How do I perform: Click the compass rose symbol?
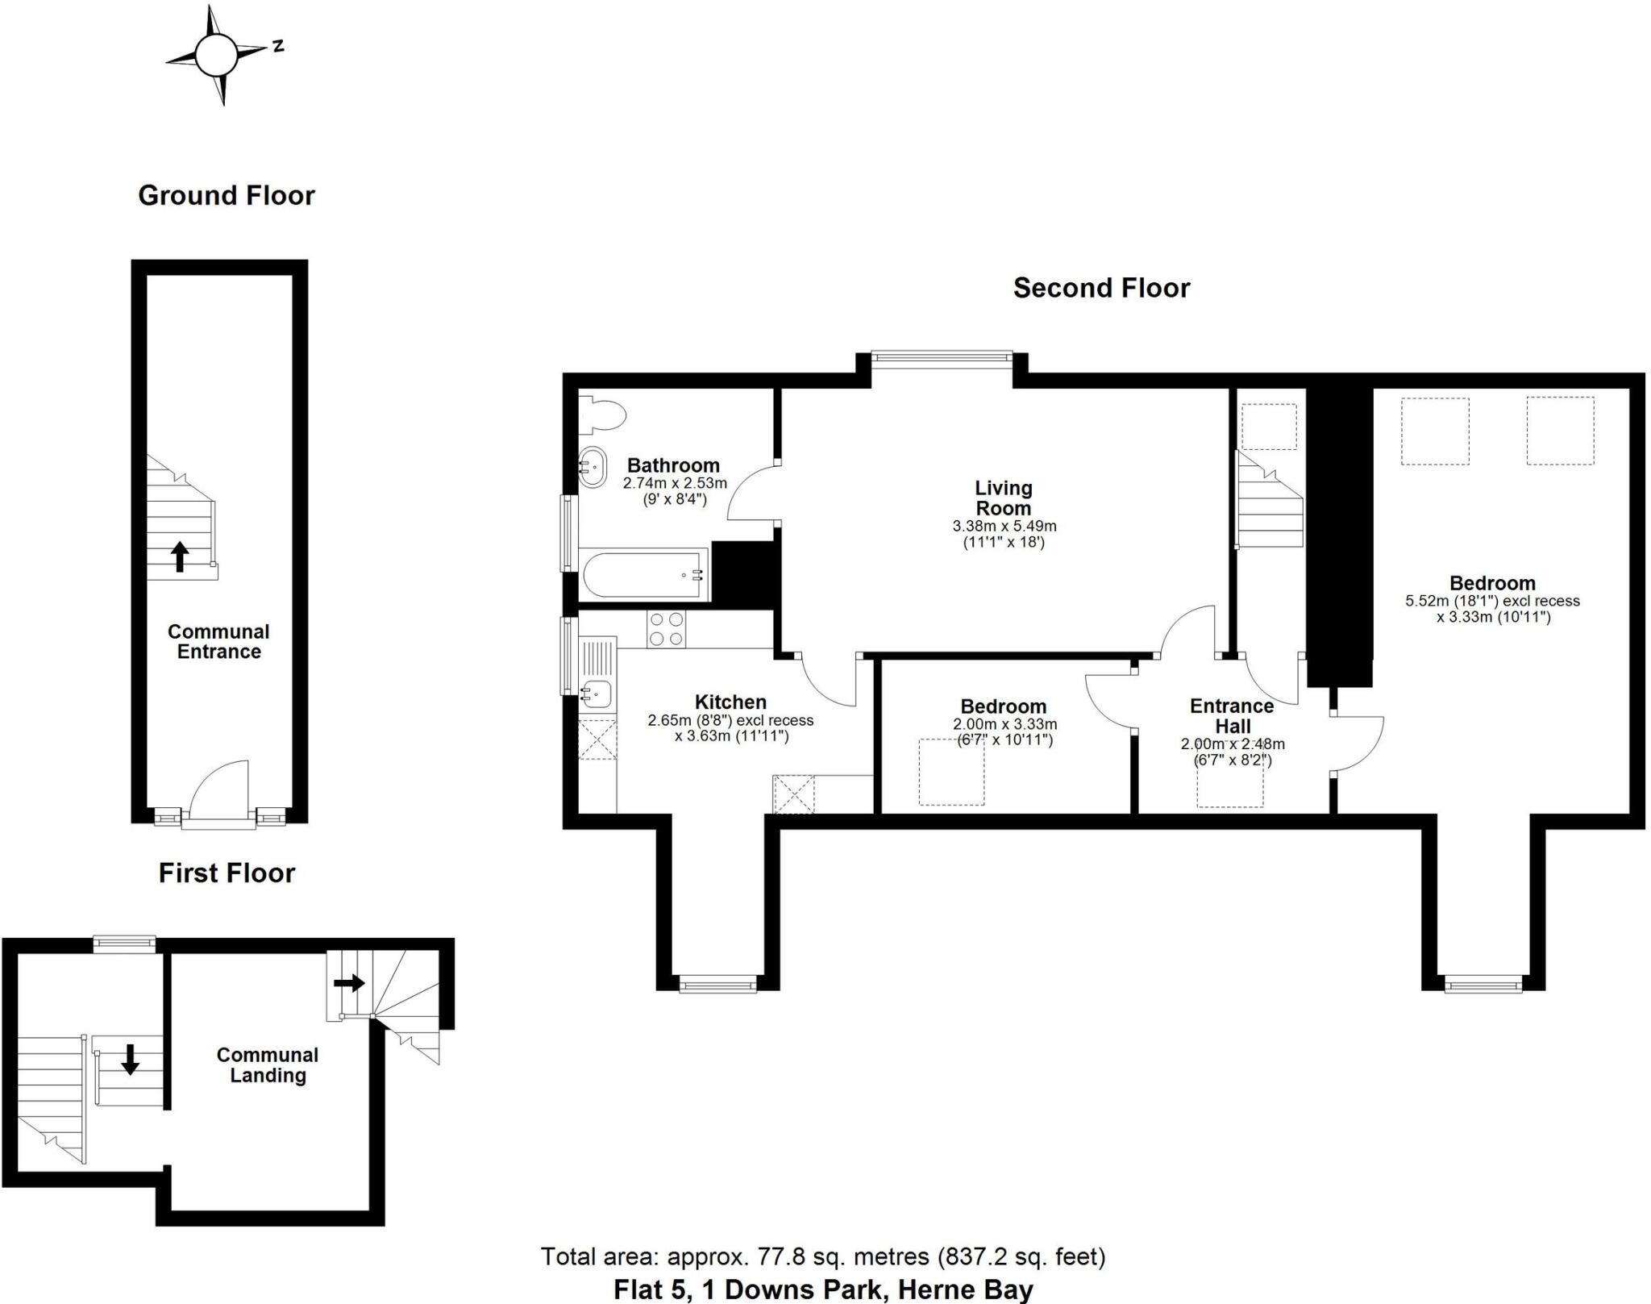(x=216, y=55)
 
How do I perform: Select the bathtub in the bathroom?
(x=643, y=574)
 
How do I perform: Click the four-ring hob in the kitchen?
(x=666, y=629)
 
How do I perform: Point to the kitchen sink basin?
(x=597, y=691)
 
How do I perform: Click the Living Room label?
(x=1003, y=498)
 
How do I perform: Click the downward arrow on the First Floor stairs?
(x=130, y=1059)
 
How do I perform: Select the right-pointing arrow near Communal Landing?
(x=349, y=983)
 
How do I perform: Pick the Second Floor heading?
(x=1100, y=288)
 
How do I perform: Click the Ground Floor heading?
(x=226, y=195)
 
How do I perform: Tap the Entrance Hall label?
(x=1231, y=715)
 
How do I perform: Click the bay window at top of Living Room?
(x=940, y=360)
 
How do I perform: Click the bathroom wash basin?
(x=593, y=467)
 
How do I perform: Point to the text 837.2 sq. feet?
(x=1022, y=1256)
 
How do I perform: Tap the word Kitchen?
(x=730, y=702)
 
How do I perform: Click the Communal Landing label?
(x=267, y=1064)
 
